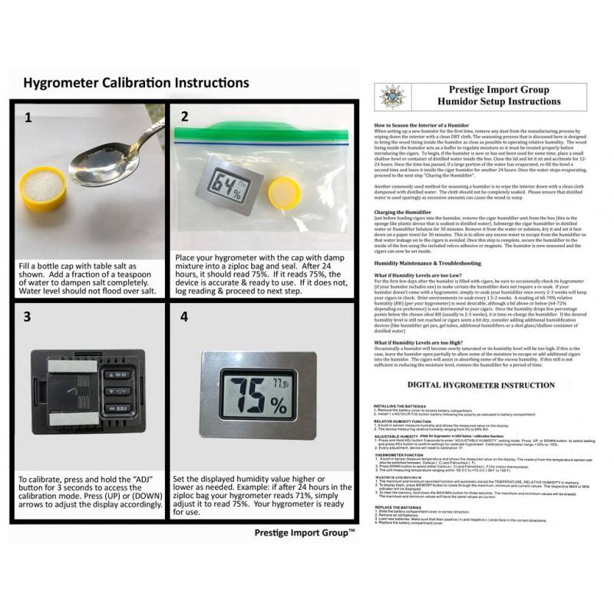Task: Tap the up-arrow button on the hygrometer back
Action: pos(118,376)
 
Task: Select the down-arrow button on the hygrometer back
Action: pos(118,408)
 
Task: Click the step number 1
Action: pos(28,117)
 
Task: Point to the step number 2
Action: pos(184,117)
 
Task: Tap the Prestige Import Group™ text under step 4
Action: pos(304,531)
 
